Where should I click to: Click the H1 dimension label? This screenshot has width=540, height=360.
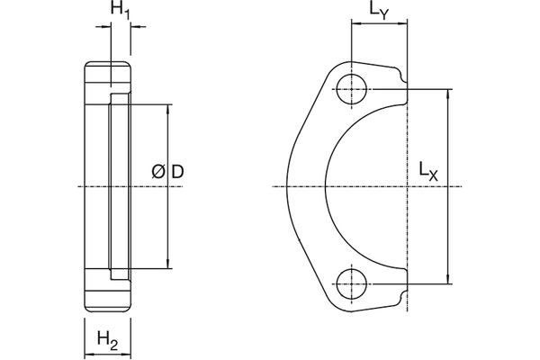pyautogui.click(x=121, y=11)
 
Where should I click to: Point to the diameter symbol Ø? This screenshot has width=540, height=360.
pyautogui.click(x=158, y=171)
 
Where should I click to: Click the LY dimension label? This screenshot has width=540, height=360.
pyautogui.click(x=378, y=12)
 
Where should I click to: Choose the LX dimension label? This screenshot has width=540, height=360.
pyautogui.click(x=428, y=170)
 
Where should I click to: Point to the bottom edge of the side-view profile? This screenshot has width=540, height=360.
pyautogui.click(x=109, y=311)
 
